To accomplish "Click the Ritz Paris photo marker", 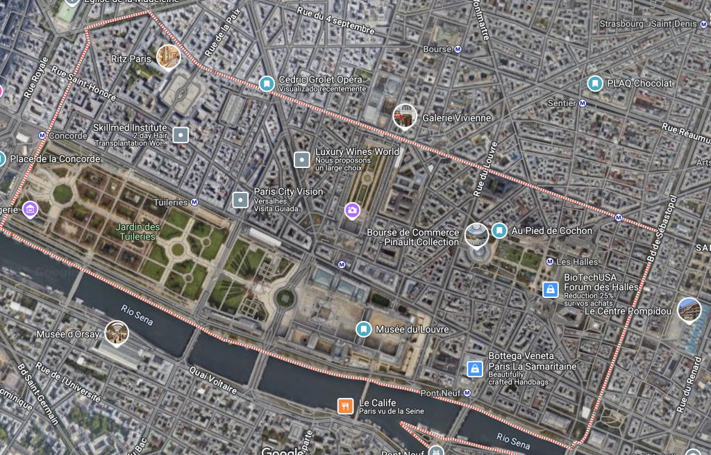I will point(169,57).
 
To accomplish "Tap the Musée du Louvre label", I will point(412,329).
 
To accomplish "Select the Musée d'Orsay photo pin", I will point(117,333).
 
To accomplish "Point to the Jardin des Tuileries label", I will point(137,232).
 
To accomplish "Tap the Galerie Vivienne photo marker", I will point(405,116).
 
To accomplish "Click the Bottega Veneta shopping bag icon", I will point(475,368).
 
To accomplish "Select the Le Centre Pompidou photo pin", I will point(689,310).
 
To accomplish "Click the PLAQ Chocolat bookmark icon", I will point(594,83).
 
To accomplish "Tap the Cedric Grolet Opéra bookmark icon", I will point(266,83).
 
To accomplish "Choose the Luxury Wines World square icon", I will point(302,160).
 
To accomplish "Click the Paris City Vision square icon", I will point(240,200).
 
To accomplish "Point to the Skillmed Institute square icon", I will point(181,135).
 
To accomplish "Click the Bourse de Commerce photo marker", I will point(476,235).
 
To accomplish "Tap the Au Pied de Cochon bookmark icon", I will point(499,231).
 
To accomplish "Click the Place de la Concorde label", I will point(55,159).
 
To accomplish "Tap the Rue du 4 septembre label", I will point(335,20).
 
